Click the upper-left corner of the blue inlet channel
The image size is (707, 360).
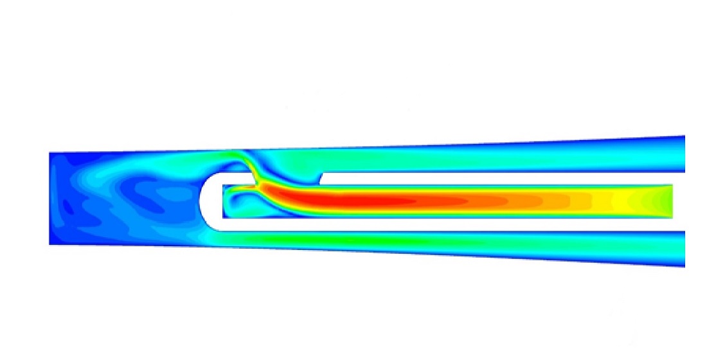[x=50, y=153]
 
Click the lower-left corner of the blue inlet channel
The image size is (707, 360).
[x=50, y=244]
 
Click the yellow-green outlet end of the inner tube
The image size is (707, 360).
[x=656, y=201]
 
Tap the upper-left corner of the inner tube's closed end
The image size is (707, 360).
[x=223, y=185]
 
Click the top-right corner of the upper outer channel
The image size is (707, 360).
[x=685, y=136]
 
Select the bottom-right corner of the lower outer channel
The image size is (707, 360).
[x=685, y=267]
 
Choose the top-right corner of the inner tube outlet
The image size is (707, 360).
[x=672, y=185]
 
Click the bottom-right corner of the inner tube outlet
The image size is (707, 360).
[x=672, y=218]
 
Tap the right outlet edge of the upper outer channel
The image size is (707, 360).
[x=684, y=154]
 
